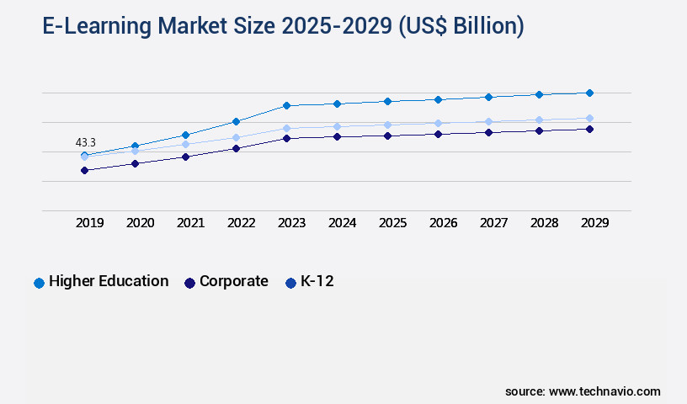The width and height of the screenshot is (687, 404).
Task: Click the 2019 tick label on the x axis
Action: pos(90,223)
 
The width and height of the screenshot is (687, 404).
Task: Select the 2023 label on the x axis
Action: pos(292,223)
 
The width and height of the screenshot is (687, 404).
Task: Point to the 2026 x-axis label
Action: pos(444,223)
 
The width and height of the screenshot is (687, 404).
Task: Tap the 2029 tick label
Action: pos(595,223)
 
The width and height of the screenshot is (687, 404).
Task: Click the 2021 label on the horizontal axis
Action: pos(191,223)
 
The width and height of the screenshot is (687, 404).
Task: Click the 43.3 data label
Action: pos(85,143)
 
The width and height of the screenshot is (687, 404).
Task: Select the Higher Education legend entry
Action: pos(109,281)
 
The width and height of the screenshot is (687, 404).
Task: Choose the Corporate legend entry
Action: pos(233,281)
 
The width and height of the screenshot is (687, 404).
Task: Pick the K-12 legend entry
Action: pos(317,281)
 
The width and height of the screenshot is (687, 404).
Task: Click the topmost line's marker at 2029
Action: pos(589,93)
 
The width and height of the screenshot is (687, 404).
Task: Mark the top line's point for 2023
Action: pos(286,105)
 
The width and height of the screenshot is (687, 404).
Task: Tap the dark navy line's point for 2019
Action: pos(84,170)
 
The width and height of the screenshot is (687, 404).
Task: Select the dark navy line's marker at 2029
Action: pos(589,129)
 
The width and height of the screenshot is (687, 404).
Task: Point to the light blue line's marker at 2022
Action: pos(236,137)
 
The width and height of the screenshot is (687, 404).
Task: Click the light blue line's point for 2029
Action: pos(589,119)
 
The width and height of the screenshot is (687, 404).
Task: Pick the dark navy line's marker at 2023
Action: pos(286,138)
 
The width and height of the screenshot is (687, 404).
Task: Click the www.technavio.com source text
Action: pos(604,391)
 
